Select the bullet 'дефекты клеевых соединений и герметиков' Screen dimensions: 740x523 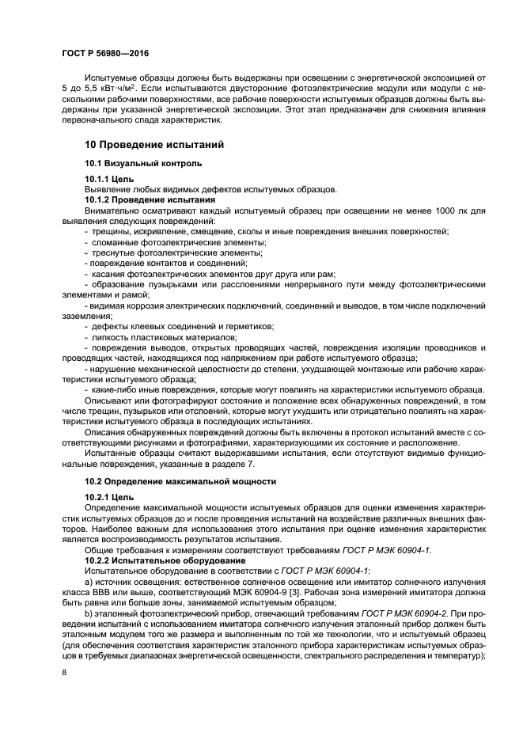(x=182, y=326)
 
